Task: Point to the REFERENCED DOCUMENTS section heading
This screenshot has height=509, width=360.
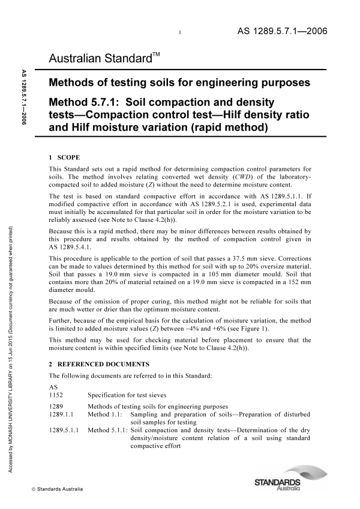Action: (x=101, y=365)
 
